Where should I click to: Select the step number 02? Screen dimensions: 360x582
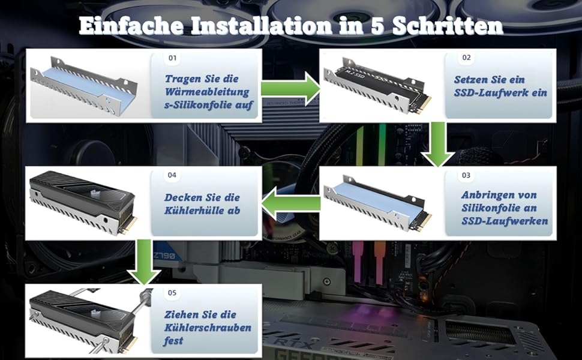[467, 59]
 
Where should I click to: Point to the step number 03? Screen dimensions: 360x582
[467, 176]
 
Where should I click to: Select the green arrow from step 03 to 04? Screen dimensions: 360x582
[290, 203]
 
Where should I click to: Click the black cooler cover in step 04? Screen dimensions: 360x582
[78, 192]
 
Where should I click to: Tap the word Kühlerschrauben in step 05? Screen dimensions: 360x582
[208, 328]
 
